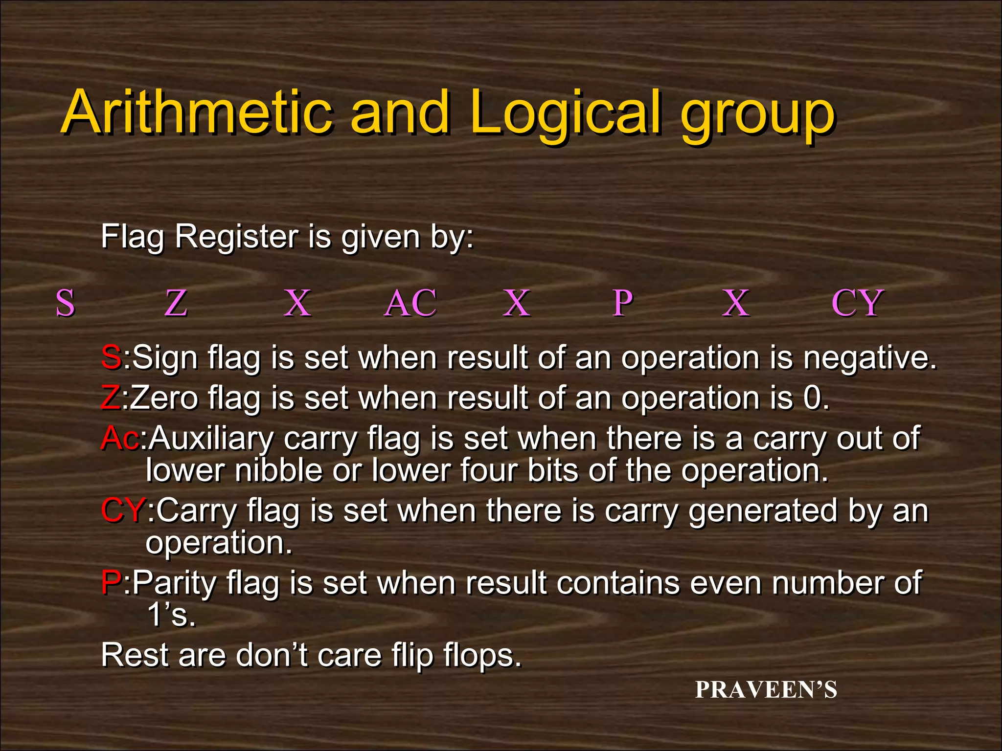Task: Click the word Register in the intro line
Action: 236,237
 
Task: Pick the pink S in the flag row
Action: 66,303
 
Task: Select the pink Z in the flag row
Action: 176,303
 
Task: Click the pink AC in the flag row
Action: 410,303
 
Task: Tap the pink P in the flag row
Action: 623,303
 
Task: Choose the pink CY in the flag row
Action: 857,303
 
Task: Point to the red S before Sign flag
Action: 111,357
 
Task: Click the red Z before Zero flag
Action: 110,398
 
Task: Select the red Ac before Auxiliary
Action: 120,438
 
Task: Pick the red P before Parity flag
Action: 111,583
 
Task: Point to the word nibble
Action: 278,470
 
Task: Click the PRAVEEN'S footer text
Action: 766,690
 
